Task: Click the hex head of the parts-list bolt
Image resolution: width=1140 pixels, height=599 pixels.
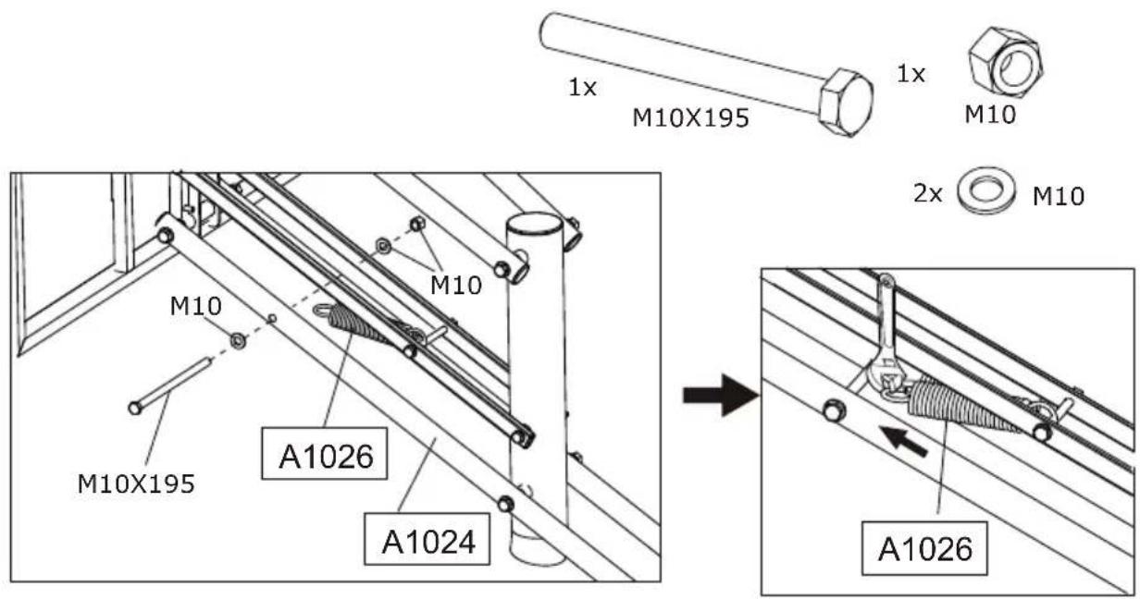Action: pos(846,103)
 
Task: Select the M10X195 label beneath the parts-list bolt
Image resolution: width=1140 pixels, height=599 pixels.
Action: pos(689,117)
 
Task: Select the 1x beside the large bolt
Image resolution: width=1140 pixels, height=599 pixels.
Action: pos(582,88)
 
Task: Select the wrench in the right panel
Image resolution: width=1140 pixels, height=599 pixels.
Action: pos(881,342)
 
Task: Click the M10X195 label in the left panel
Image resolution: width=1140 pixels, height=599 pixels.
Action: pos(135,483)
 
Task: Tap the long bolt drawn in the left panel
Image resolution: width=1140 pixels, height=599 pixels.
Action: pos(172,385)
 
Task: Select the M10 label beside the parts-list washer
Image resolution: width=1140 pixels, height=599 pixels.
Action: pos(1057,196)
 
